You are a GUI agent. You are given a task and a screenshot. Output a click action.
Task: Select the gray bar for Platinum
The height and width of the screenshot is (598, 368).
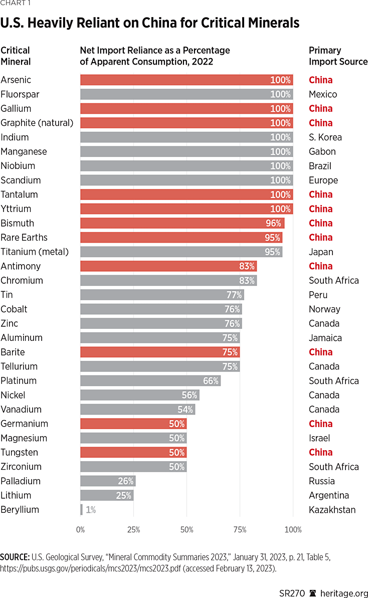(x=150, y=381)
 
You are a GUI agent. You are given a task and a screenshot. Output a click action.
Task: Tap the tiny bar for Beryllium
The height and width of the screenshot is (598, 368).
(x=81, y=510)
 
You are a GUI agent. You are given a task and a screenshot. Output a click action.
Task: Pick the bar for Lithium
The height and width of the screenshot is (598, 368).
(x=106, y=495)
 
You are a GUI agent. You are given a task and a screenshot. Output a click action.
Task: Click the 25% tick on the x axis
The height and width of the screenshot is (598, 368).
(x=133, y=529)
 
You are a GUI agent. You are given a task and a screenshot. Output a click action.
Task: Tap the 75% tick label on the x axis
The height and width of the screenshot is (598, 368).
(x=240, y=529)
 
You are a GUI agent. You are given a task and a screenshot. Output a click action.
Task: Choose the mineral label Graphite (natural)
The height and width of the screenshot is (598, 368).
(x=37, y=123)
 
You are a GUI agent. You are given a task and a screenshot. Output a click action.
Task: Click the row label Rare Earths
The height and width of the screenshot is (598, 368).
(x=24, y=238)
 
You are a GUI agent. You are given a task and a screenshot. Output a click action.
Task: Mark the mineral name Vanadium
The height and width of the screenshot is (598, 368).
(x=21, y=410)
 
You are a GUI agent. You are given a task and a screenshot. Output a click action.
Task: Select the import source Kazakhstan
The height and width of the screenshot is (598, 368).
(x=332, y=510)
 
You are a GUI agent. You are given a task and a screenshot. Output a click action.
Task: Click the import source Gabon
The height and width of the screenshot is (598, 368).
(x=322, y=151)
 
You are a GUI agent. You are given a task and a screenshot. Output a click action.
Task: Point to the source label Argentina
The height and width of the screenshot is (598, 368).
(x=329, y=495)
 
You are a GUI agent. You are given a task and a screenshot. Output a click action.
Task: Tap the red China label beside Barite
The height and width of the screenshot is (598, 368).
(x=320, y=352)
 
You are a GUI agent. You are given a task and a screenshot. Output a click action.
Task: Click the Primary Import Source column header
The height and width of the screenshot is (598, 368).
(x=338, y=56)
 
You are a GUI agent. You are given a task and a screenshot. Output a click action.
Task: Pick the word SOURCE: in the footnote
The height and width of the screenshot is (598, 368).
(x=15, y=556)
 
